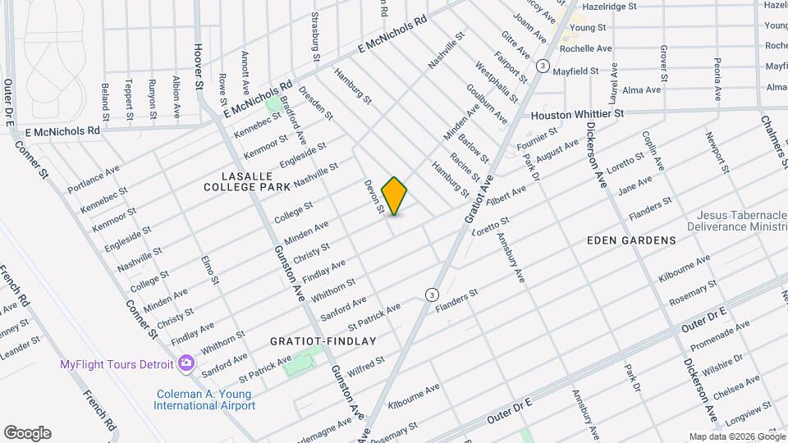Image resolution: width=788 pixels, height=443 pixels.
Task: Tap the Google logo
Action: coord(27,433)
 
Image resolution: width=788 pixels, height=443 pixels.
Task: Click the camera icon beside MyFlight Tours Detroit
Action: coord(186,363)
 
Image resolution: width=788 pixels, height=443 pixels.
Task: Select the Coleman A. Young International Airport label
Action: coord(205,400)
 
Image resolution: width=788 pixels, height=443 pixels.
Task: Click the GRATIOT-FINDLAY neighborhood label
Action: coord(323,340)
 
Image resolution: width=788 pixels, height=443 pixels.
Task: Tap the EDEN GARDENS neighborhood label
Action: coord(631,240)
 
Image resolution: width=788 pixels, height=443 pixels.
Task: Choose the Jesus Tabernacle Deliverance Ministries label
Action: coord(736,220)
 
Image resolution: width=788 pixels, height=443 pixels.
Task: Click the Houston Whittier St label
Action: coord(577,115)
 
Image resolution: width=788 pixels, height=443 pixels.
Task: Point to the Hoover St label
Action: coord(198,66)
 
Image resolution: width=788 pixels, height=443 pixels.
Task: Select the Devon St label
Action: coord(374,197)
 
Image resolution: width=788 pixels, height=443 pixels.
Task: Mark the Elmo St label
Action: coord(211,270)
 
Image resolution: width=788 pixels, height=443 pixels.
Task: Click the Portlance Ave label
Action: coord(93,179)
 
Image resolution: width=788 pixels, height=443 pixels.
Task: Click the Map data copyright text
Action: coord(735,436)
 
